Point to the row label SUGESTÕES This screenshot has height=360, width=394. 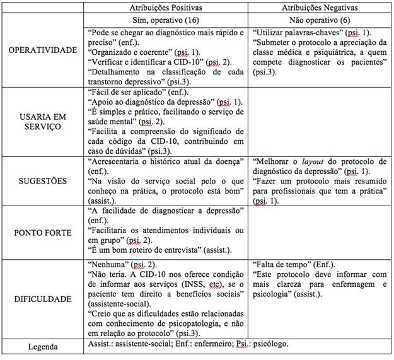[42, 181]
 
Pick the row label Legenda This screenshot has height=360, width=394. [42, 346]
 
